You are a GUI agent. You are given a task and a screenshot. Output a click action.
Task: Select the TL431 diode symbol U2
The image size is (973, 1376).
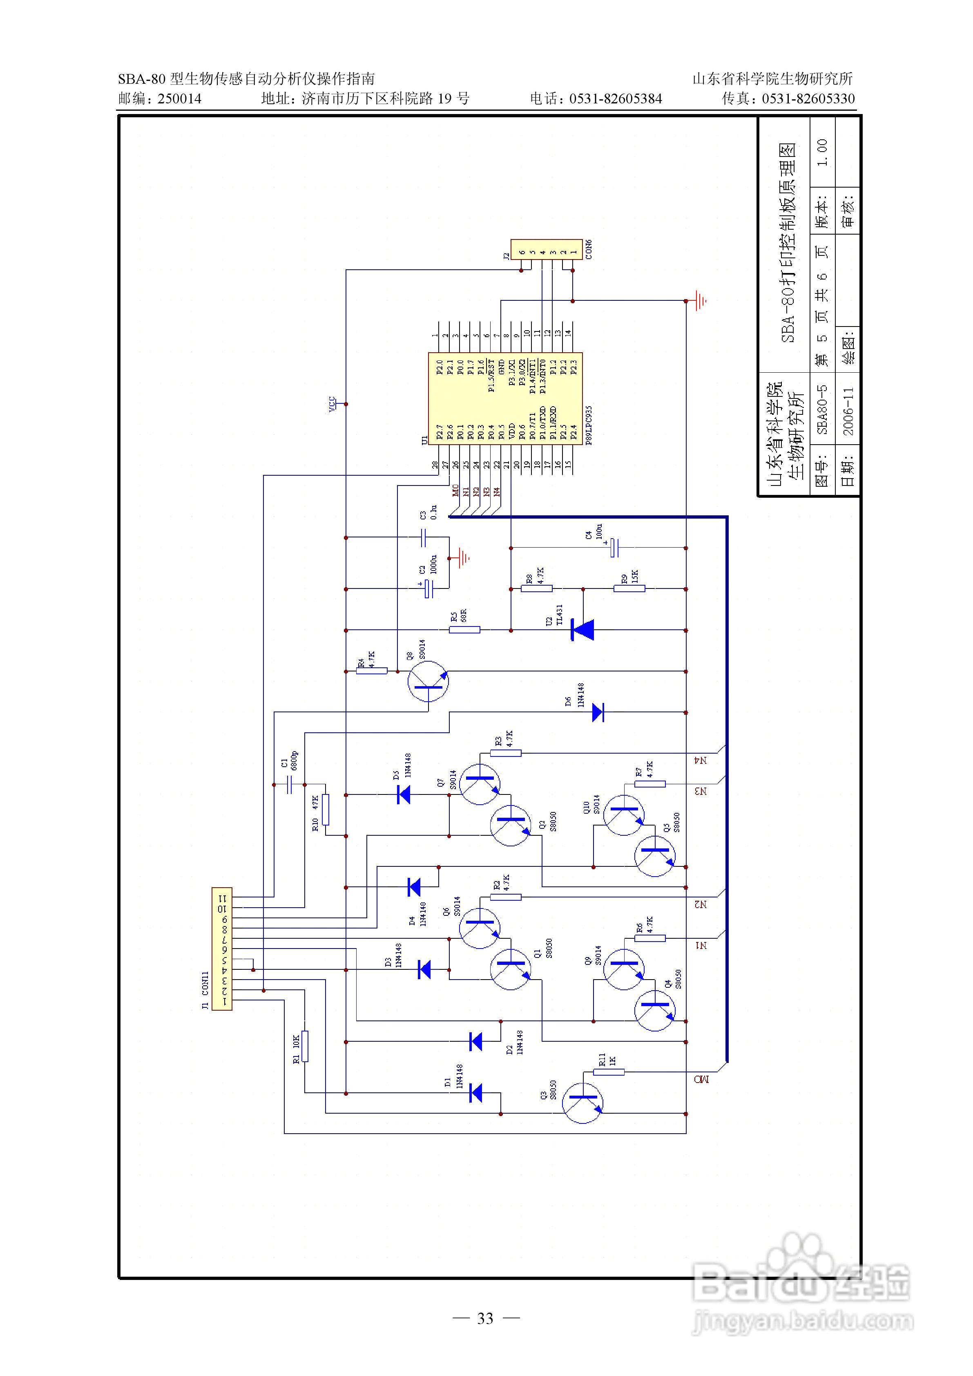pyautogui.click(x=582, y=630)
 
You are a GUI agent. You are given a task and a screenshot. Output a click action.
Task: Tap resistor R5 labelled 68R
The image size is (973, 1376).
pyautogui.click(x=464, y=629)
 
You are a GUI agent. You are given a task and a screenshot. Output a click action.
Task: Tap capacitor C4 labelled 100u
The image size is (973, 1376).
pyautogui.click(x=614, y=547)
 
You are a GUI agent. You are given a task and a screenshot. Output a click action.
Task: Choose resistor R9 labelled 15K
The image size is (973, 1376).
pyautogui.click(x=629, y=588)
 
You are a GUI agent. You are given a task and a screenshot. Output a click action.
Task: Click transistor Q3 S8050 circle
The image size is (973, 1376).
pyautogui.click(x=583, y=1103)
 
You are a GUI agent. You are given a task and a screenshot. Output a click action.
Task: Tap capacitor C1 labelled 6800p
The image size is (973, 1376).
pyautogui.click(x=289, y=784)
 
